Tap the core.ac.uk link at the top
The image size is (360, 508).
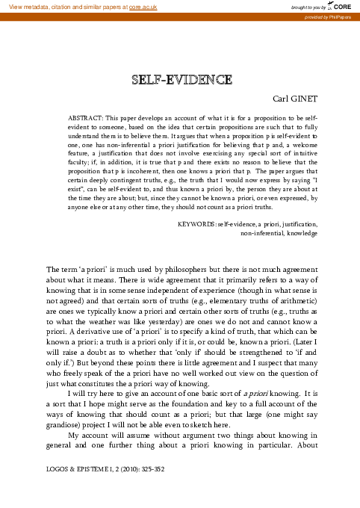142,7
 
